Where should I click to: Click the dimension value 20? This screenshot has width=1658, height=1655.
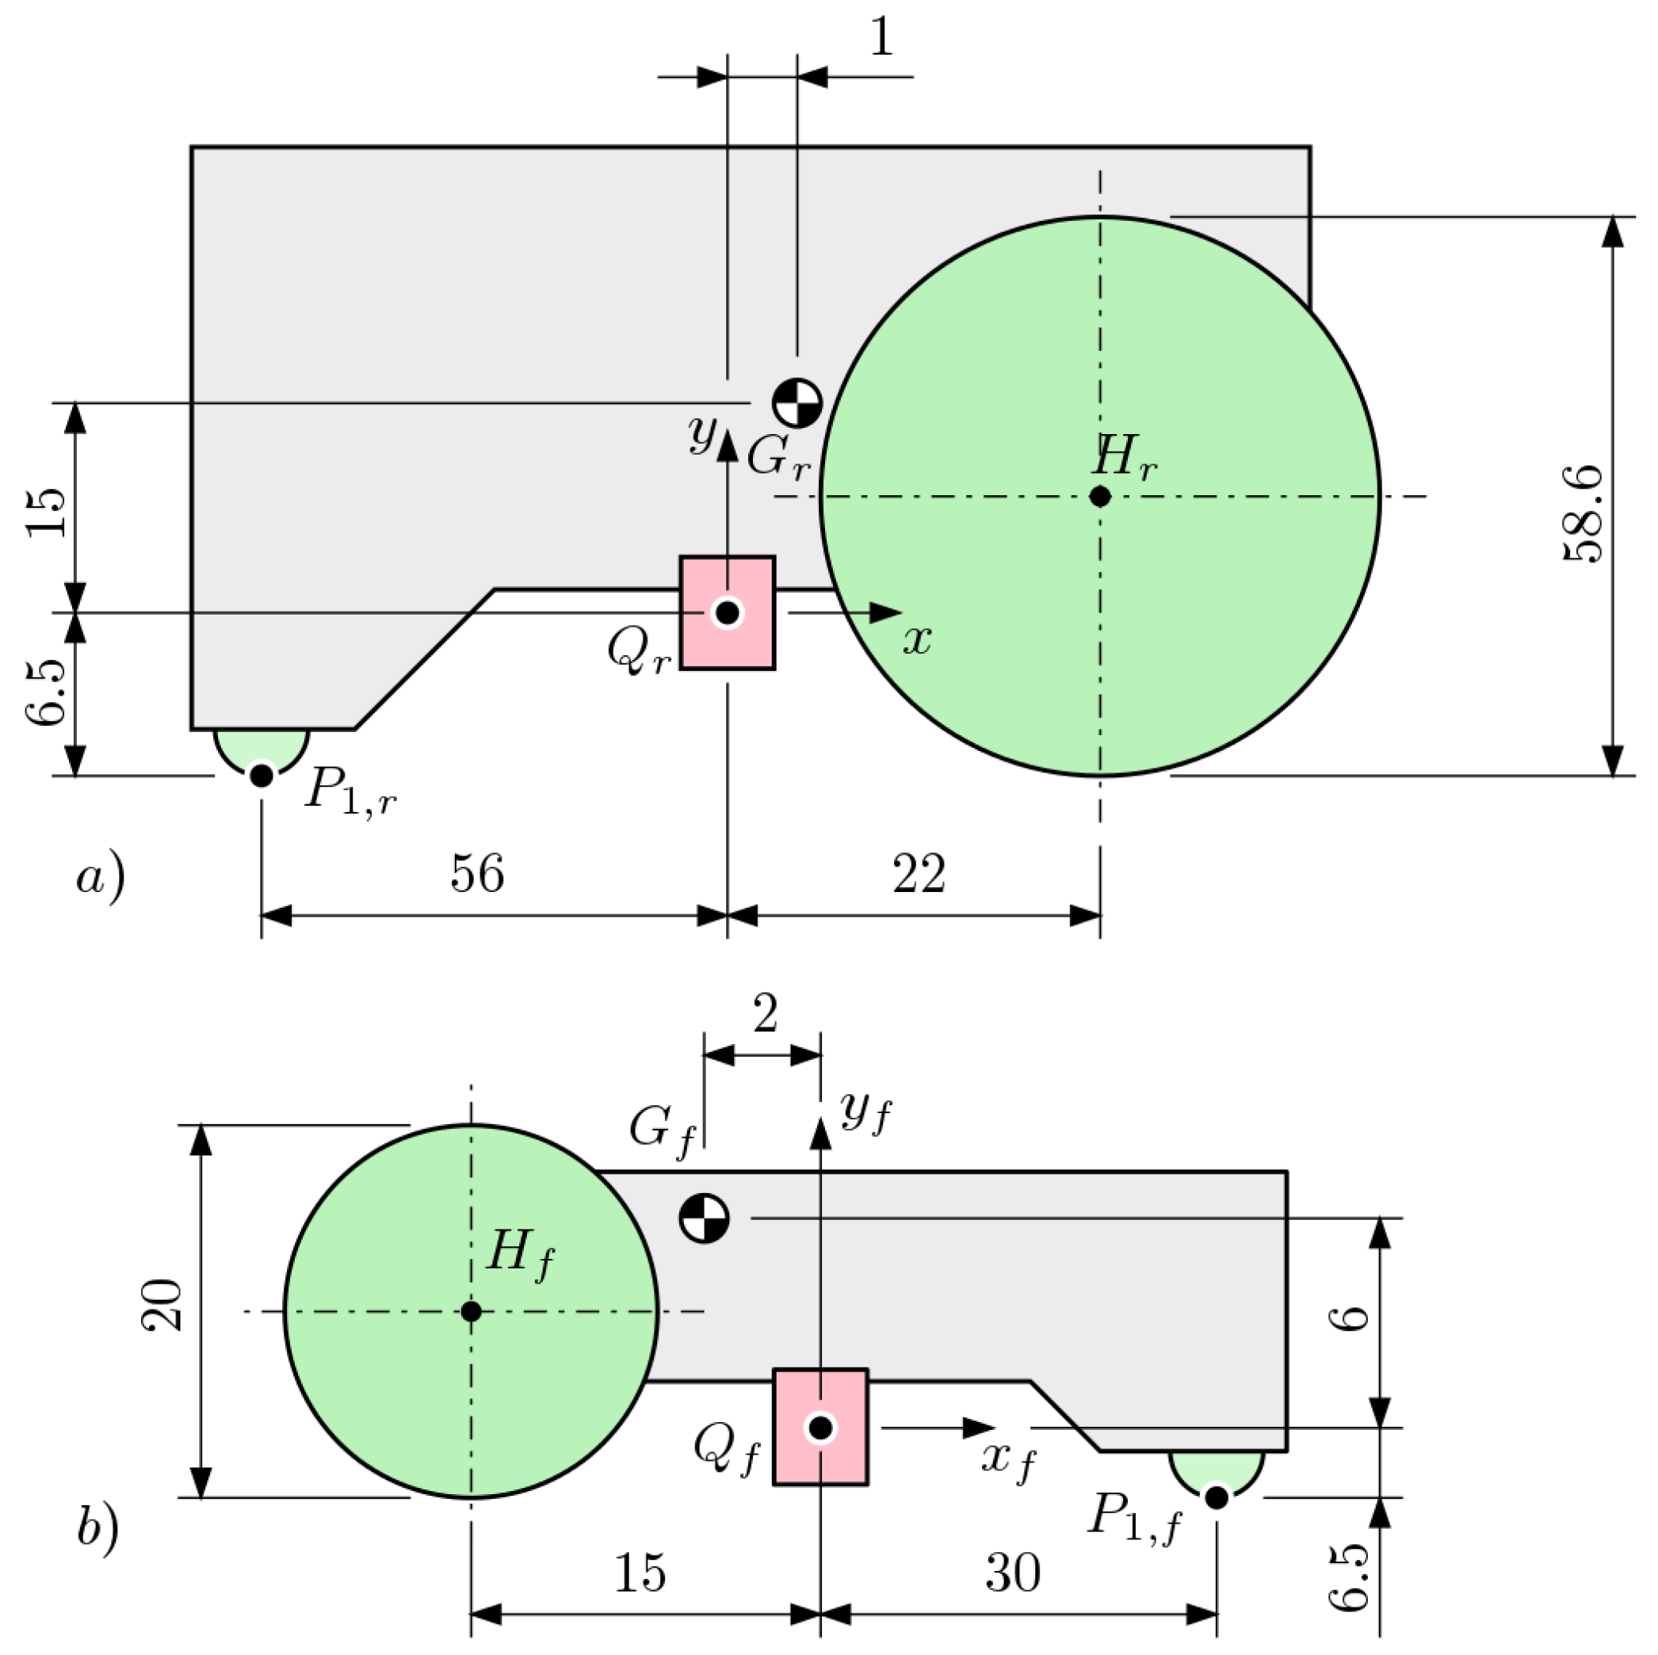(x=162, y=1305)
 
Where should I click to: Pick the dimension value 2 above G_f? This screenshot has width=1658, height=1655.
(x=765, y=1013)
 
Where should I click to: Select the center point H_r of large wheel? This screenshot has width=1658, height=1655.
(x=1099, y=496)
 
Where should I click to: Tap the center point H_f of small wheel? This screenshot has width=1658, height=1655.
(x=470, y=1311)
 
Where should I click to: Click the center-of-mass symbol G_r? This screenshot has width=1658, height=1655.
(x=797, y=402)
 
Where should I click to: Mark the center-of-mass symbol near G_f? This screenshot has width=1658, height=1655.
(x=704, y=1218)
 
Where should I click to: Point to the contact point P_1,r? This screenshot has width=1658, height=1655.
(x=262, y=776)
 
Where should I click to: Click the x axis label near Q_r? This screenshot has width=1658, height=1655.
(x=916, y=639)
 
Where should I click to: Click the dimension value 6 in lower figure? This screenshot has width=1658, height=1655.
(x=1353, y=1318)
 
